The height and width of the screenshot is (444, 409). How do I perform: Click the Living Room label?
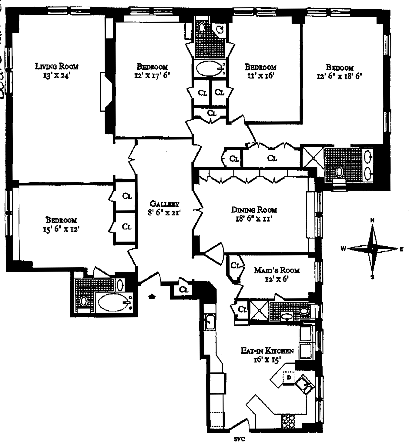[57, 66]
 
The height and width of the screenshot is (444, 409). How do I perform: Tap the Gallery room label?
[164, 204]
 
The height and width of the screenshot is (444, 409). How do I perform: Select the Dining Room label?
[254, 210]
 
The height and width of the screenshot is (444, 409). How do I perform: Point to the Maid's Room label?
[277, 270]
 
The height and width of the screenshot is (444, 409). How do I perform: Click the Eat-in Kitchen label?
[267, 351]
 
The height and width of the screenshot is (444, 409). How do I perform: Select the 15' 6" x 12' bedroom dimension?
[61, 229]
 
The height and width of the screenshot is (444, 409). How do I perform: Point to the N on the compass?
[372, 220]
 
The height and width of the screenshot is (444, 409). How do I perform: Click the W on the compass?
[343, 249]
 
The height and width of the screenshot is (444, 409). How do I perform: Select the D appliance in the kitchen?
[289, 378]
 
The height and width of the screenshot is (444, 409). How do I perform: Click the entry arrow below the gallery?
[151, 296]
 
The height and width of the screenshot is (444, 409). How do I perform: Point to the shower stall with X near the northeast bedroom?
[313, 157]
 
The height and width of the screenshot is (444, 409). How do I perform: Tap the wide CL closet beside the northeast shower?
[272, 158]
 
